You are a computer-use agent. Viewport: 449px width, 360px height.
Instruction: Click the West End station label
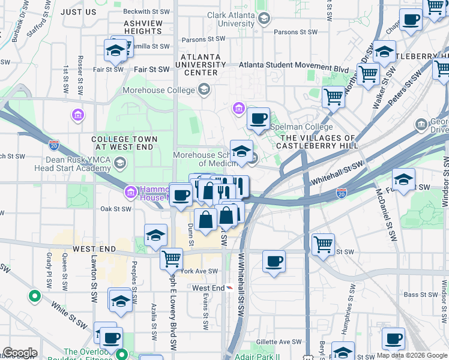(208, 288)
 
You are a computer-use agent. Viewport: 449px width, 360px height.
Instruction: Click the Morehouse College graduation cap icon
(205, 91)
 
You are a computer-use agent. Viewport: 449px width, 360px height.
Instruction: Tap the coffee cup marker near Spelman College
(259, 118)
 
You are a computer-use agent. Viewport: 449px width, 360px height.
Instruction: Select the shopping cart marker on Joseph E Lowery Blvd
(171, 259)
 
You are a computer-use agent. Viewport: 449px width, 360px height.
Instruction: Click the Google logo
(19, 353)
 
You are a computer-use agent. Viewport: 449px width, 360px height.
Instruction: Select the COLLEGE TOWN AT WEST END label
(124, 143)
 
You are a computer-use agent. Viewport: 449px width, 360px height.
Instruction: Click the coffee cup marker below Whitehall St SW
(274, 261)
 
